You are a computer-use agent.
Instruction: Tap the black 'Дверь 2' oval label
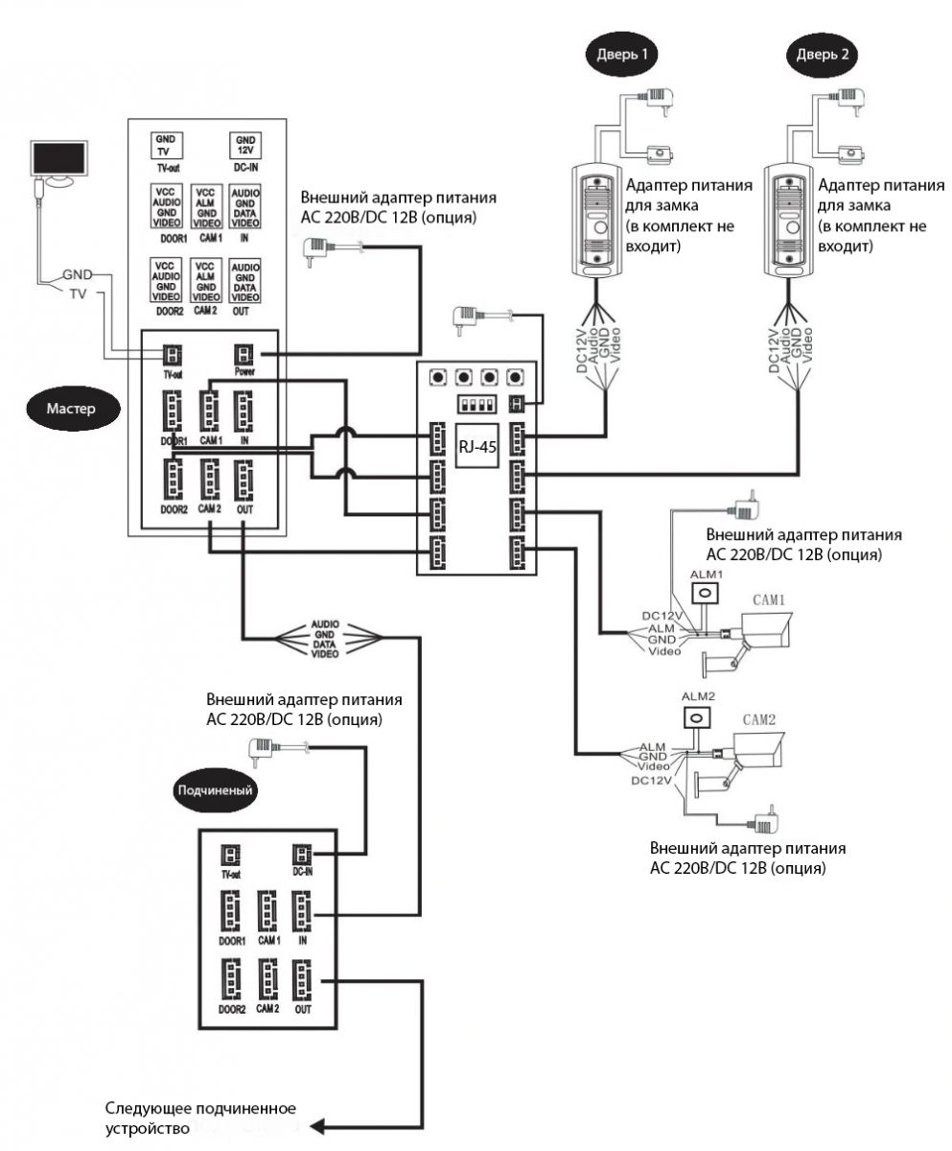coord(822,54)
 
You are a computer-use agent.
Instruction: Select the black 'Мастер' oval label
coord(73,407)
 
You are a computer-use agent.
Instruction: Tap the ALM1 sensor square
coord(705,594)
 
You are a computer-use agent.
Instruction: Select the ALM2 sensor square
coord(696,717)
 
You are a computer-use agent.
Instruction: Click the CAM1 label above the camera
coord(769,599)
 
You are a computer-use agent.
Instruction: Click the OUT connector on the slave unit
coord(303,978)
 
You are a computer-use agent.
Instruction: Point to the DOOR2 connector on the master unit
coord(174,477)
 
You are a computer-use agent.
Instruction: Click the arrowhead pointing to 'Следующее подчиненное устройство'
coord(327,1125)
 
